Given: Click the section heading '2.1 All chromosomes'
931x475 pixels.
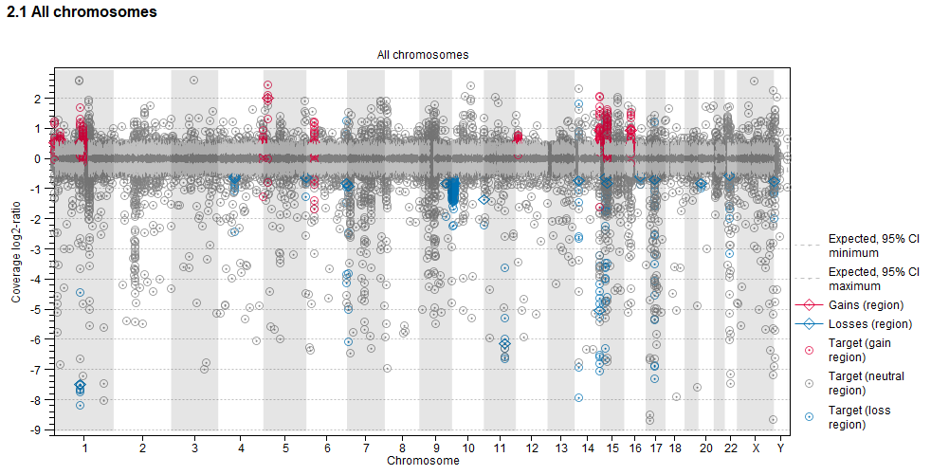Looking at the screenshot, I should coord(82,12).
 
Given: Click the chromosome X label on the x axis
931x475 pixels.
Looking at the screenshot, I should coord(756,448).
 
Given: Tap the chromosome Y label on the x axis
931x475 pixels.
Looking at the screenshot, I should coord(780,448).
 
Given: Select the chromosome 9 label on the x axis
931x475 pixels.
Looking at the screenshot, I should coord(435,448).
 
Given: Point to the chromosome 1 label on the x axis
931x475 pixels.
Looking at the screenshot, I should coord(84,448).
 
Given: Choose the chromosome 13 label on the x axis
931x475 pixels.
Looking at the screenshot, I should coord(562,448).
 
